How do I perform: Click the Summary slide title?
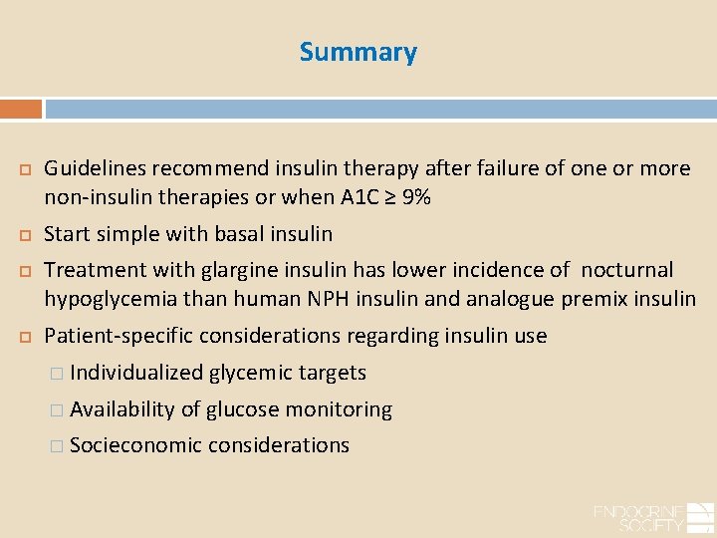[358, 52]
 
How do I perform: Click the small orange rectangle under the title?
[21, 109]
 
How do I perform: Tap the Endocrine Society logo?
[652, 517]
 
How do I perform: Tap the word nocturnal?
[626, 270]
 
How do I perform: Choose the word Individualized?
[136, 373]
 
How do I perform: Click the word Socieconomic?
[135, 445]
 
